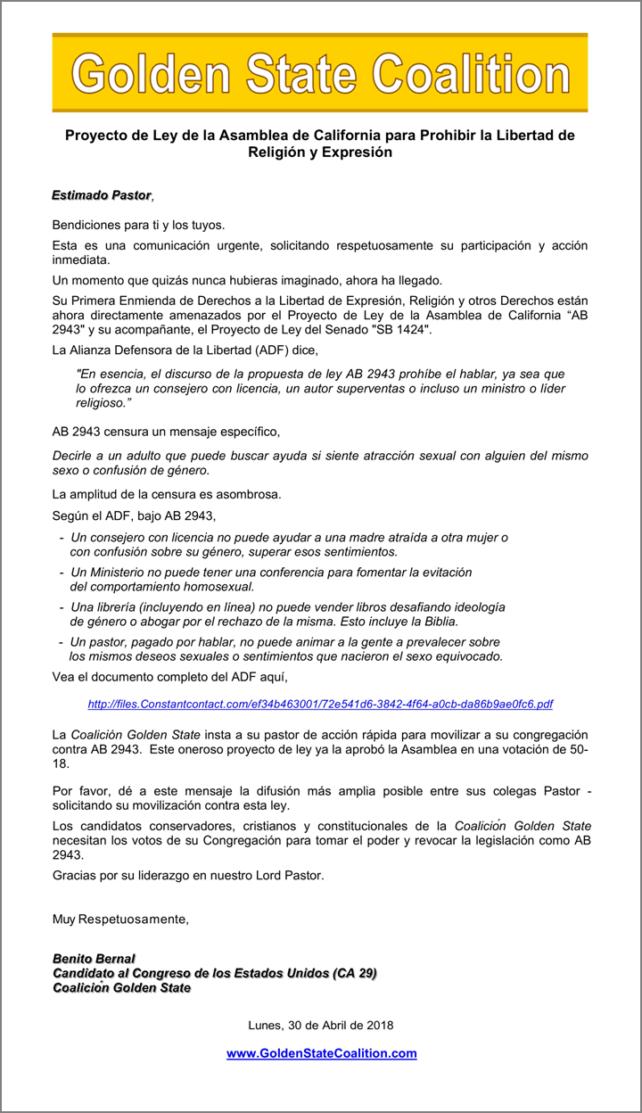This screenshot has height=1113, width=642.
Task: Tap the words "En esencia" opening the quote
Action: (111, 374)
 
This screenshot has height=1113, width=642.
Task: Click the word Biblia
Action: (435, 621)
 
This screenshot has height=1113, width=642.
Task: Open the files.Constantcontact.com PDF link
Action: (320, 704)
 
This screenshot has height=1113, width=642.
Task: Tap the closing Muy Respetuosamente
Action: (120, 919)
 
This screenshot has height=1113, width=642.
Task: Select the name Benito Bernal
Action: (94, 959)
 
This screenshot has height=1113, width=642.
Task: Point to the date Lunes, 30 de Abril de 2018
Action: (320, 1025)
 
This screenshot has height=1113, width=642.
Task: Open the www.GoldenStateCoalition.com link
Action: (321, 1053)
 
